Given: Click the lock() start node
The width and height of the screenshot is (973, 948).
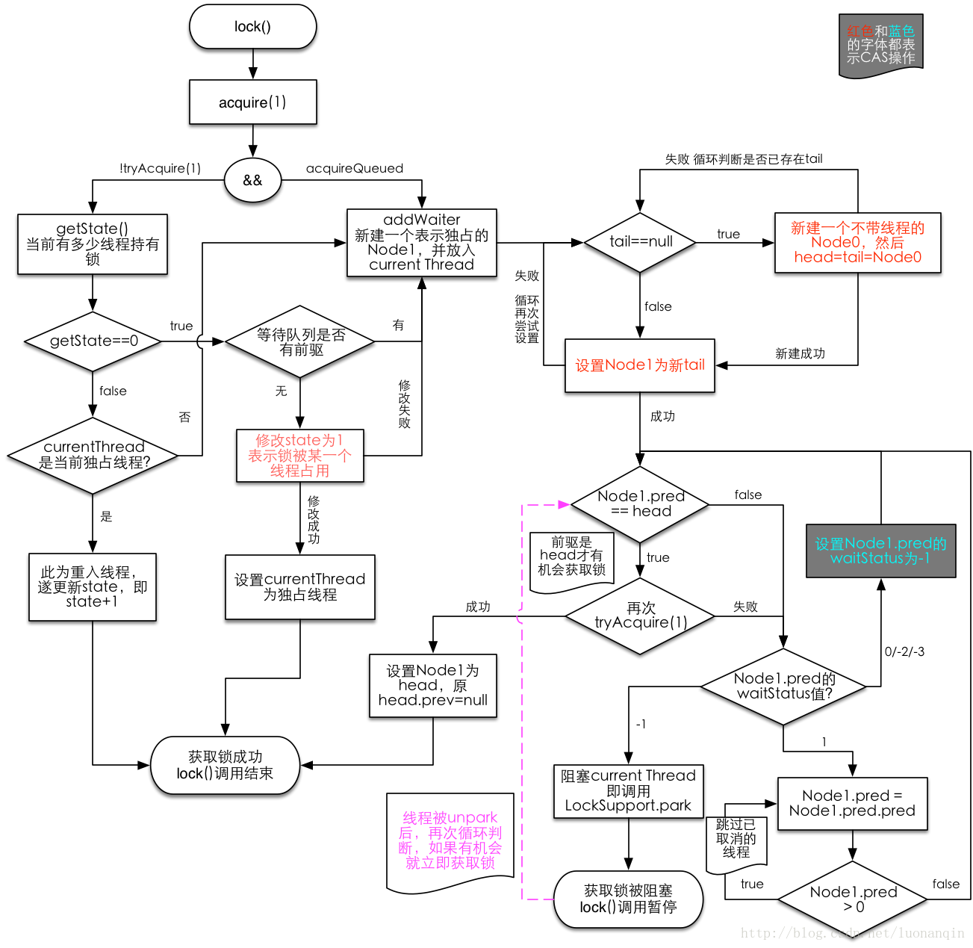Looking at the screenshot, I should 252,27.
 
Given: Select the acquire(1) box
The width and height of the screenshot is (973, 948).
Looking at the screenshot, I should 252,102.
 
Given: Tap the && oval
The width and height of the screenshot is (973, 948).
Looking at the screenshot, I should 252,180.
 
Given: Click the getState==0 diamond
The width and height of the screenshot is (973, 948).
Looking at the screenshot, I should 93,341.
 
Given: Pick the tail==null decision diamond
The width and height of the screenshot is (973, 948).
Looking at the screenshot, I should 640,242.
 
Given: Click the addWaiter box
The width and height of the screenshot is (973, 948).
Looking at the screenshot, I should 421,243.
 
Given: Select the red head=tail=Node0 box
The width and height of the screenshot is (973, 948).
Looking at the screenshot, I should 857,243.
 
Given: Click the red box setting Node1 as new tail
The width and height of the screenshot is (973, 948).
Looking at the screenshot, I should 640,365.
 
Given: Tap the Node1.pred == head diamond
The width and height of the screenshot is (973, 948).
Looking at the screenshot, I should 640,504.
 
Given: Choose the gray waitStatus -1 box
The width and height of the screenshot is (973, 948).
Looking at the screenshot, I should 880,551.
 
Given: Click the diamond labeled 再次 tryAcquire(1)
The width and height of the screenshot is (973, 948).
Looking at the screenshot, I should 640,616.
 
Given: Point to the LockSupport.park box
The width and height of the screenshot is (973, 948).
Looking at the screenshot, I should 628,791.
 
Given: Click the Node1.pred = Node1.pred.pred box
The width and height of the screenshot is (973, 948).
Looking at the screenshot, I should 852,804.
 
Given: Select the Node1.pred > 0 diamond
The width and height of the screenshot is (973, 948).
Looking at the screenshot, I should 853,899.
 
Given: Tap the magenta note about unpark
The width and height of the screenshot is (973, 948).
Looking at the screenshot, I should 450,841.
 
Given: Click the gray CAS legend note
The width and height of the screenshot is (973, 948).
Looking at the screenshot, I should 880,45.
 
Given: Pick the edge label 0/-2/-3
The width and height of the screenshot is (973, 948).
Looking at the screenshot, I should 904,651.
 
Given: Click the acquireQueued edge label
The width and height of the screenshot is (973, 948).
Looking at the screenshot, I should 355,169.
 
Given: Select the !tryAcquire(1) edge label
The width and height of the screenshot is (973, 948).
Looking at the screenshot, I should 160,169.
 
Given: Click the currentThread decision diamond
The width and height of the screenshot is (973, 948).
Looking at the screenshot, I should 93,455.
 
